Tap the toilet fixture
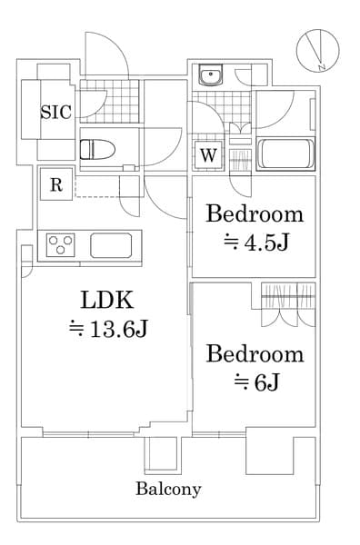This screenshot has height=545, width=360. point(95,148)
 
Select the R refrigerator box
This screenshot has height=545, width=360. point(55,185)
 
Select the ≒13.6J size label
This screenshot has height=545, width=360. point(107,329)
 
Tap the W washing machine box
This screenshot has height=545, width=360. point(209,155)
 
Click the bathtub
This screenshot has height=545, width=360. point(285,154)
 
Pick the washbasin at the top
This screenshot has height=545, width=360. point(211,76)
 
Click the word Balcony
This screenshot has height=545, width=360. point(168,489)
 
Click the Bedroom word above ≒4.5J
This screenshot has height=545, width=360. point(254,214)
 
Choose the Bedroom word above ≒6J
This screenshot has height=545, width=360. point(254,353)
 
